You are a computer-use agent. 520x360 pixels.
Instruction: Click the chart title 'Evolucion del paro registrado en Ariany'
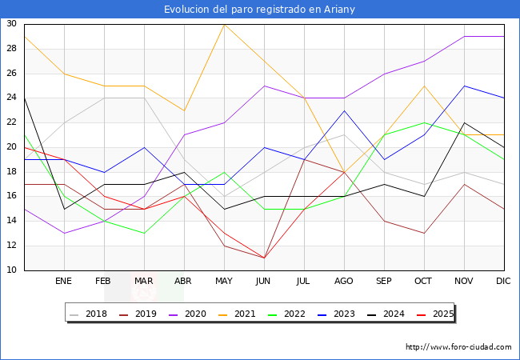pyautogui.click(x=259, y=9)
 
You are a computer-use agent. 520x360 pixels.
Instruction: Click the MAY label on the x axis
pyautogui.click(x=224, y=282)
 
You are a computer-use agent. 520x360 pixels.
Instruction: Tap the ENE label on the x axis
pyautogui.click(x=64, y=282)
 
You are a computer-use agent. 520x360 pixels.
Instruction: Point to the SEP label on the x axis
pyautogui.click(x=384, y=282)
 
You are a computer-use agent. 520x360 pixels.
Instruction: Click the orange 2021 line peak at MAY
pyautogui.click(x=224, y=24)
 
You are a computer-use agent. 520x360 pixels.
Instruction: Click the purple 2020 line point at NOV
pyautogui.click(x=464, y=36)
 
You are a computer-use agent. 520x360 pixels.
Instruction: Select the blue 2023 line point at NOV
pyautogui.click(x=464, y=86)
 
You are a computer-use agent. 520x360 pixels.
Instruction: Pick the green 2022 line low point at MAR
pyautogui.click(x=144, y=234)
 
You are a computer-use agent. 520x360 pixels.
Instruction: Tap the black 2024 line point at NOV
pyautogui.click(x=464, y=122)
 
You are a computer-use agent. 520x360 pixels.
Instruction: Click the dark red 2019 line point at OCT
pyautogui.click(x=424, y=234)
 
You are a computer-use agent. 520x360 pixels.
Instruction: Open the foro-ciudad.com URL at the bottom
pyautogui.click(x=458, y=347)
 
